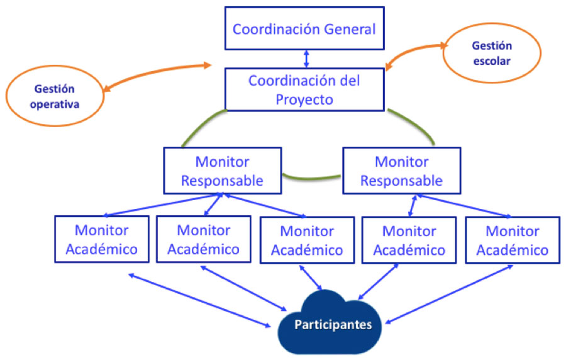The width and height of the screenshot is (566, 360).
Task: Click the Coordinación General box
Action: [x=304, y=28]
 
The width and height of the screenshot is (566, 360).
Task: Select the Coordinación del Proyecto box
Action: [x=304, y=89]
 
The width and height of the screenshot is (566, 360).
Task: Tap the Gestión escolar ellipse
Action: [x=492, y=53]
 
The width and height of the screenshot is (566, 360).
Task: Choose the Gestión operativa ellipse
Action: [x=55, y=96]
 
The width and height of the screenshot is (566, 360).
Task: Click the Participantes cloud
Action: [x=330, y=323]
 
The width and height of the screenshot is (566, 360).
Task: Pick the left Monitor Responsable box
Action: [x=223, y=171]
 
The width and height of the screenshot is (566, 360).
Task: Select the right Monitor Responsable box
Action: [x=401, y=171]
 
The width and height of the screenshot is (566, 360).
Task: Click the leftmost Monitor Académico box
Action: [x=102, y=239]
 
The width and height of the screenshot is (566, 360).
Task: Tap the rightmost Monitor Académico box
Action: [x=513, y=240]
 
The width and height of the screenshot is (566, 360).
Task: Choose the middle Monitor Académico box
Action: [x=307, y=240]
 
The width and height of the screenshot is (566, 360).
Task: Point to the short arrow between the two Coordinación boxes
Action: [x=306, y=59]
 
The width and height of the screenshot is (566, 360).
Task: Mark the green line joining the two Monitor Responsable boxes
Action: [x=311, y=177]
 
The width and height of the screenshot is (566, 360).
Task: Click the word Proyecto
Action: [x=304, y=100]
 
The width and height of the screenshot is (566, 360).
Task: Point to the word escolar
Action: [x=492, y=61]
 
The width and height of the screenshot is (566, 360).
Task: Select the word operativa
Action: [x=55, y=104]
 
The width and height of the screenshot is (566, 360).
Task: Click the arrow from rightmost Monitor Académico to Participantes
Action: [x=449, y=295]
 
